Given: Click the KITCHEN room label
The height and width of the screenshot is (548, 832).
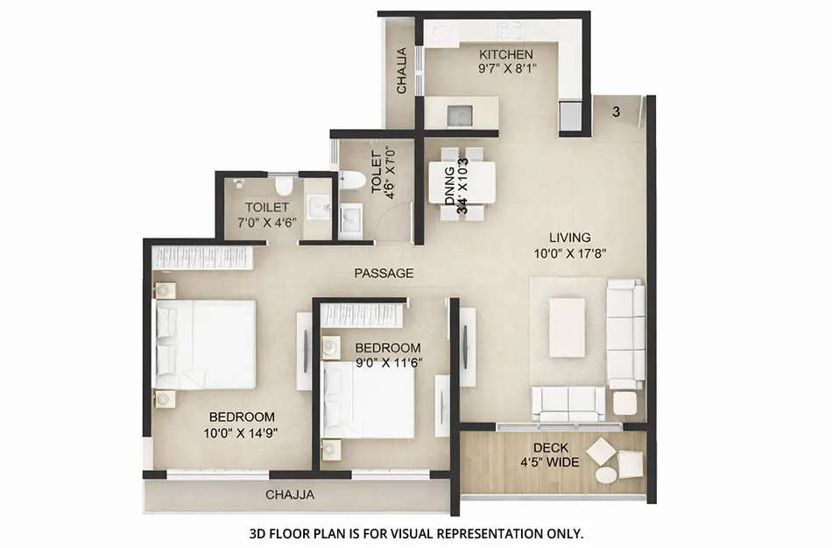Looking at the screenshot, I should [505, 54].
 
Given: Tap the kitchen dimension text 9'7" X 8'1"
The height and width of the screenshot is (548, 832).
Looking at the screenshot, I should [505, 68].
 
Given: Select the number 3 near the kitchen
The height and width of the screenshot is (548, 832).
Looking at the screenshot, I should [617, 111].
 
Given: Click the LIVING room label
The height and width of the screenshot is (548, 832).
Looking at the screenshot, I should [569, 237].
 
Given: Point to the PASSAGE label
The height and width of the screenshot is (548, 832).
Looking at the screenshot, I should [384, 274].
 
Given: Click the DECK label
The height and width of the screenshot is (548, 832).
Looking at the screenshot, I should [551, 447].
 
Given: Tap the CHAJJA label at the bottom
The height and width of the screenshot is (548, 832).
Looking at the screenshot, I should [290, 495].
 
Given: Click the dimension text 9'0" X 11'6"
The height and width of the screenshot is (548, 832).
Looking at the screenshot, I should [387, 361].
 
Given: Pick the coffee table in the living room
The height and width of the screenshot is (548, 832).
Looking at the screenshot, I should [567, 327].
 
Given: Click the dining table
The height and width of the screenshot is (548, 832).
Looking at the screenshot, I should [462, 181].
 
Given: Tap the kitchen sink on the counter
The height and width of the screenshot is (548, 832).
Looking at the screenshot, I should [460, 114].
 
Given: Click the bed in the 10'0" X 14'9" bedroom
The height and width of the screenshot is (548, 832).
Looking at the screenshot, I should [206, 344].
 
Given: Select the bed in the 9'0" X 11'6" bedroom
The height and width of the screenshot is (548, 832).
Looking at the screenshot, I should [368, 399].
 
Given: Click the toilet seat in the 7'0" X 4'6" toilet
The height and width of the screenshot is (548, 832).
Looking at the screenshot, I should [283, 185].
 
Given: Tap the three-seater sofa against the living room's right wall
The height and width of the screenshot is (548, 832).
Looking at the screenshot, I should [626, 334].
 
